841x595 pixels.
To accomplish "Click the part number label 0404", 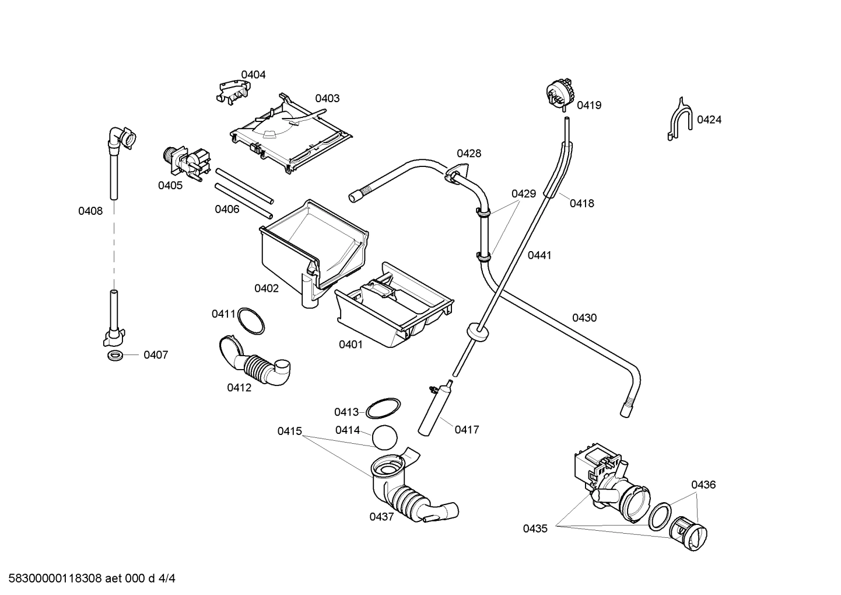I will click(x=253, y=75).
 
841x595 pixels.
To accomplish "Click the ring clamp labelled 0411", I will click(x=250, y=321).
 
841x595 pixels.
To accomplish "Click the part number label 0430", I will click(x=584, y=318).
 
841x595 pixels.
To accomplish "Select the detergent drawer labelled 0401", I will click(x=394, y=310).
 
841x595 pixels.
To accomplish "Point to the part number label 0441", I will click(x=539, y=255).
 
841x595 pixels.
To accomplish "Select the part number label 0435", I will click(x=535, y=529).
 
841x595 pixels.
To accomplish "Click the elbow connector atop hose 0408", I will click(x=122, y=137).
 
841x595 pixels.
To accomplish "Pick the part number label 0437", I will click(x=381, y=516).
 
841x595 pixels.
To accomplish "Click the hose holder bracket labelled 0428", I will click(x=455, y=172).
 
